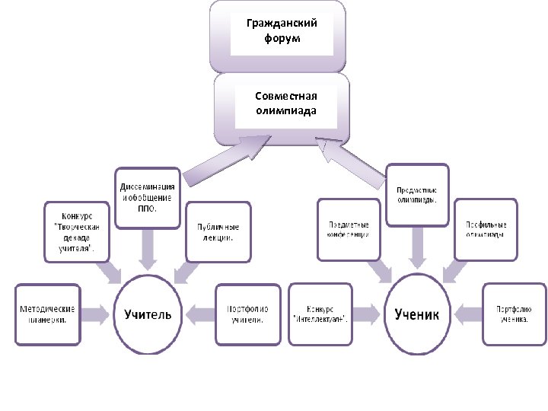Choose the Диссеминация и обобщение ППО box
pos(148,197)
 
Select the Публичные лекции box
pos(218,231)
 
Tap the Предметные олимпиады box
pos(416,195)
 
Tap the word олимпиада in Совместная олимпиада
pos(286,110)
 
